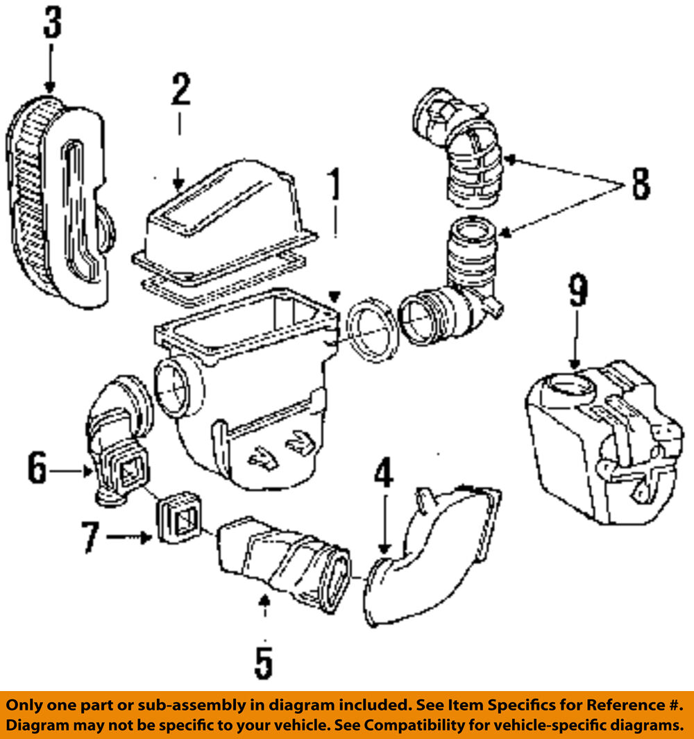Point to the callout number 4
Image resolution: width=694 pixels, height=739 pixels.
383,475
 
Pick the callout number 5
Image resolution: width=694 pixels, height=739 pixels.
263,663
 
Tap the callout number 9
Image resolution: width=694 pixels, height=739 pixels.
578,291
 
